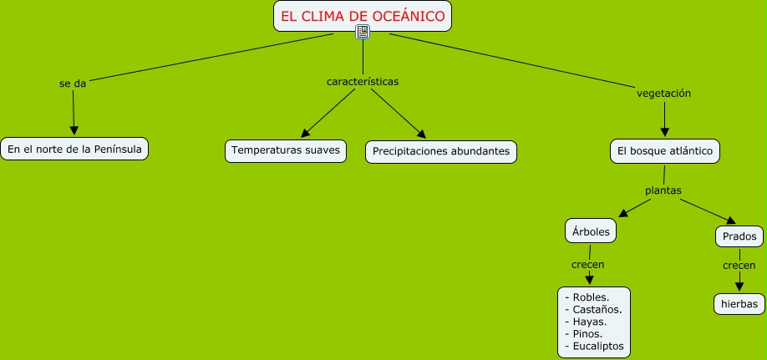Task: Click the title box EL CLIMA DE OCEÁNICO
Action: [363, 16]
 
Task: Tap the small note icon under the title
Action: [363, 33]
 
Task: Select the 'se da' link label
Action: [73, 84]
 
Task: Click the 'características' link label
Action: [362, 82]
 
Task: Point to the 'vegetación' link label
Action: [663, 94]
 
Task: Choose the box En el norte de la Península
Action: [74, 149]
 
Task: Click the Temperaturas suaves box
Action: [285, 150]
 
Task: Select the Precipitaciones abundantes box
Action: [441, 151]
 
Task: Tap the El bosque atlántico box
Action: [664, 151]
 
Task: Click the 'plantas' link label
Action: [663, 190]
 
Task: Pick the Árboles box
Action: [591, 231]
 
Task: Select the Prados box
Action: [739, 237]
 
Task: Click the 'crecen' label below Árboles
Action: [587, 264]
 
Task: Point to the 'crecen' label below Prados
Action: [739, 265]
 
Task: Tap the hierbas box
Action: [739, 303]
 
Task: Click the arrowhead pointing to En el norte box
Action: [74, 129]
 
